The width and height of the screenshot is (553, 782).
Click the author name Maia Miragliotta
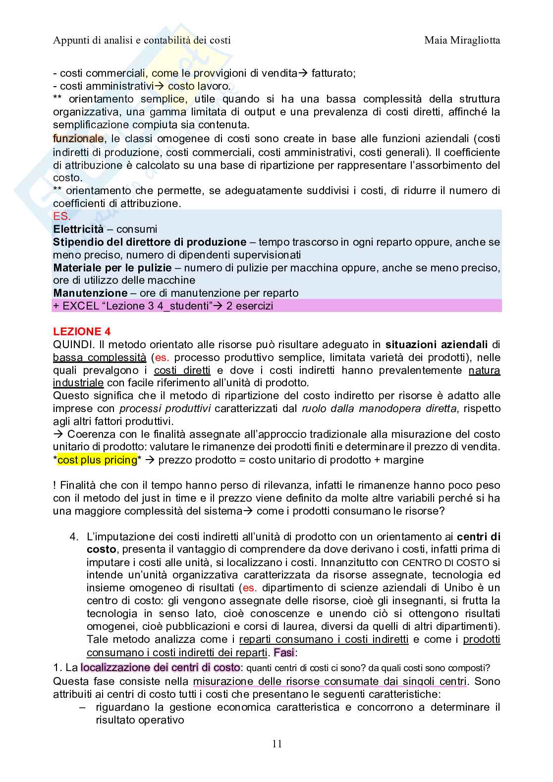click(x=462, y=40)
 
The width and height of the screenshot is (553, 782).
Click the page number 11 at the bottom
click(x=277, y=744)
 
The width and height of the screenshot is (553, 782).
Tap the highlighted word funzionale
click(x=78, y=139)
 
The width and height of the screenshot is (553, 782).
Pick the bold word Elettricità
click(x=78, y=229)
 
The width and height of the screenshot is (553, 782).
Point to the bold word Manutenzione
click(x=90, y=293)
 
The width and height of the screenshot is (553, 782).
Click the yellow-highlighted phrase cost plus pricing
click(x=97, y=460)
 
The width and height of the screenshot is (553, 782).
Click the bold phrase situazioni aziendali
click(x=437, y=345)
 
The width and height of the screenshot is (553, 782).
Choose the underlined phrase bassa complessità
click(x=99, y=358)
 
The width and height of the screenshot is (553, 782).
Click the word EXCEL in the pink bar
click(x=78, y=306)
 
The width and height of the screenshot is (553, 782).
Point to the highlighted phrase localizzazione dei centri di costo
click(x=160, y=668)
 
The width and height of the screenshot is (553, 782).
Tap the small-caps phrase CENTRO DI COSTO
click(x=445, y=563)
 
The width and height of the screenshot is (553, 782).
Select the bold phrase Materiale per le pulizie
click(x=112, y=268)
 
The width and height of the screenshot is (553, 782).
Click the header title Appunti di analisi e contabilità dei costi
click(x=142, y=40)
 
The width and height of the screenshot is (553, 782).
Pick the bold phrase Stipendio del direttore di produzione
click(x=150, y=242)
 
